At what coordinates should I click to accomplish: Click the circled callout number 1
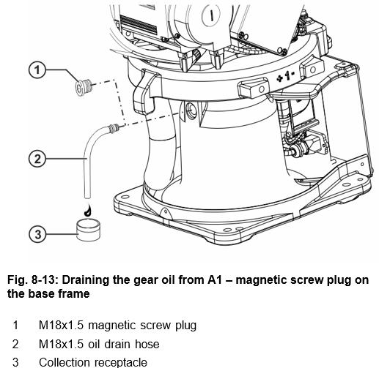37,70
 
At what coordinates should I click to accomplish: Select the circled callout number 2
37,159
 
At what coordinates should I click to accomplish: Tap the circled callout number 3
37,234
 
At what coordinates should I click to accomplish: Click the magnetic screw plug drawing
83,87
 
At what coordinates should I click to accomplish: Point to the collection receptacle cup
88,230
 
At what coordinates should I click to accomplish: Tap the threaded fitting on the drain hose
113,128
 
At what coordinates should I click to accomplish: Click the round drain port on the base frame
191,110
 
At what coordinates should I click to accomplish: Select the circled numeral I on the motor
211,15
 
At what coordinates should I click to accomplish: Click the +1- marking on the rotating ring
286,76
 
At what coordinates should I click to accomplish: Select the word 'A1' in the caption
215,279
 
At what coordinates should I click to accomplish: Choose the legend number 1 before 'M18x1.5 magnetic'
15,325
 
